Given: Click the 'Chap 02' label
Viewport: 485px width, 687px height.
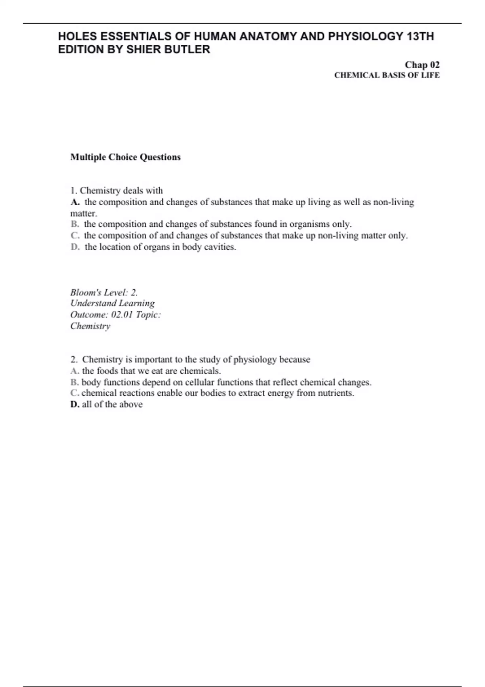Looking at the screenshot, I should tap(422, 65).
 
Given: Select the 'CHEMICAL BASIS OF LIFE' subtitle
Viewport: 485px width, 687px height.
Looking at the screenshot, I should tap(387, 75).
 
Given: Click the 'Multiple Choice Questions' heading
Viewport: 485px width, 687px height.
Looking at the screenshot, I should tap(125, 157).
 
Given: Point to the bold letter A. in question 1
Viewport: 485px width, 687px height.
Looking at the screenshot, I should tap(75, 202).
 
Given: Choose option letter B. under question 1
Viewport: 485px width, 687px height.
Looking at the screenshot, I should tap(75, 224).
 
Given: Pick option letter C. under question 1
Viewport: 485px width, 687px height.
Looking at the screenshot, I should tap(75, 235).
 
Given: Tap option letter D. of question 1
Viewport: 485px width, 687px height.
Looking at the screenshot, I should tap(75, 247).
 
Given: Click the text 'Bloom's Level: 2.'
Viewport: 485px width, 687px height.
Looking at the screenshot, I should tap(104, 292).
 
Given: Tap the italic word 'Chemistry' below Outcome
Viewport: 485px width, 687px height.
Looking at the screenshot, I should tap(90, 326).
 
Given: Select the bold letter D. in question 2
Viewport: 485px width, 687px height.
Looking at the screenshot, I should tap(75, 404).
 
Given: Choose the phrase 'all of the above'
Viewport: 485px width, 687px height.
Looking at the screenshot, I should tap(112, 404).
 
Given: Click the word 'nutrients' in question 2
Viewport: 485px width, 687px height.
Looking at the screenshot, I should tap(336, 393).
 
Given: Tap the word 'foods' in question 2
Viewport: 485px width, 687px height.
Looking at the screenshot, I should tap(107, 371).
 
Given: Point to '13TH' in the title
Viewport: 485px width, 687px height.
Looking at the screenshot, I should tap(420, 36).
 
